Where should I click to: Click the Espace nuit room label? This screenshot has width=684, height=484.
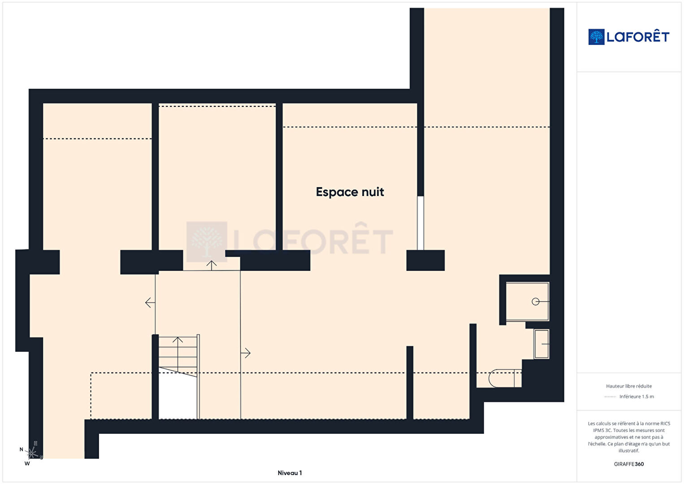click(x=350, y=192)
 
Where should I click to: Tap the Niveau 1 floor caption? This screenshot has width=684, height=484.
click(x=290, y=473)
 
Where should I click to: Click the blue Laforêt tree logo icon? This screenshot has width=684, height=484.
click(x=596, y=37)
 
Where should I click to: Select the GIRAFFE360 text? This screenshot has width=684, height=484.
click(x=629, y=464)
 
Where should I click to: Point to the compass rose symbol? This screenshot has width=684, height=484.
click(x=32, y=453)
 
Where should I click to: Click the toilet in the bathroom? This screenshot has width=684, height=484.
click(x=505, y=378)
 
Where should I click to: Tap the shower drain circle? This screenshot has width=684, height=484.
click(x=535, y=301)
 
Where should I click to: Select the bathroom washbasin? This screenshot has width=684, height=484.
click(x=541, y=344)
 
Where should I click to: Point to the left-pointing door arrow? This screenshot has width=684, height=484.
click(x=150, y=302)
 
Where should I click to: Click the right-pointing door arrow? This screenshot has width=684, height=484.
click(x=246, y=353)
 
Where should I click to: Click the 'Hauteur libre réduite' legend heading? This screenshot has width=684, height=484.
click(x=629, y=386)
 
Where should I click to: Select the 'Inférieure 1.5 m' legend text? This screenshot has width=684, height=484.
click(x=636, y=397)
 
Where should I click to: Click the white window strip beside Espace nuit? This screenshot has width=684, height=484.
click(x=420, y=223)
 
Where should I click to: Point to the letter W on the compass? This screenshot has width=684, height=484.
click(x=27, y=463)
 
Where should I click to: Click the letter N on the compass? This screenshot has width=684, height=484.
click(x=22, y=449)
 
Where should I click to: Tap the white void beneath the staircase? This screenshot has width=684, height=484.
click(x=177, y=397)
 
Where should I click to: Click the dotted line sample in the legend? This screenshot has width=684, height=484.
click(x=610, y=397)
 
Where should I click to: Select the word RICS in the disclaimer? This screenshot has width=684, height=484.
click(x=665, y=423)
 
